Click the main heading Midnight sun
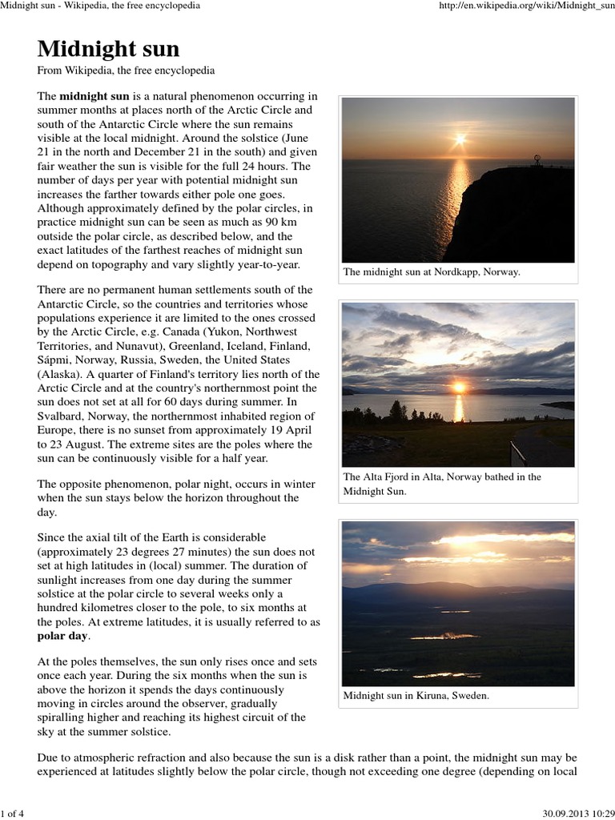[x=108, y=49]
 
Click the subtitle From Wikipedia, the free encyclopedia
[x=126, y=71]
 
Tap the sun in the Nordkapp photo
[x=460, y=139]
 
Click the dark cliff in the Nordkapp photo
[x=521, y=216]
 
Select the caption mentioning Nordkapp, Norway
[x=432, y=272]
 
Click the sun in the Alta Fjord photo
[x=459, y=387]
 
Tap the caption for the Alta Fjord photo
[x=442, y=484]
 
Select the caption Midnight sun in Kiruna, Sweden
[x=416, y=696]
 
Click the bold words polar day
[x=64, y=637]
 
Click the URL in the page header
[x=525, y=6]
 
